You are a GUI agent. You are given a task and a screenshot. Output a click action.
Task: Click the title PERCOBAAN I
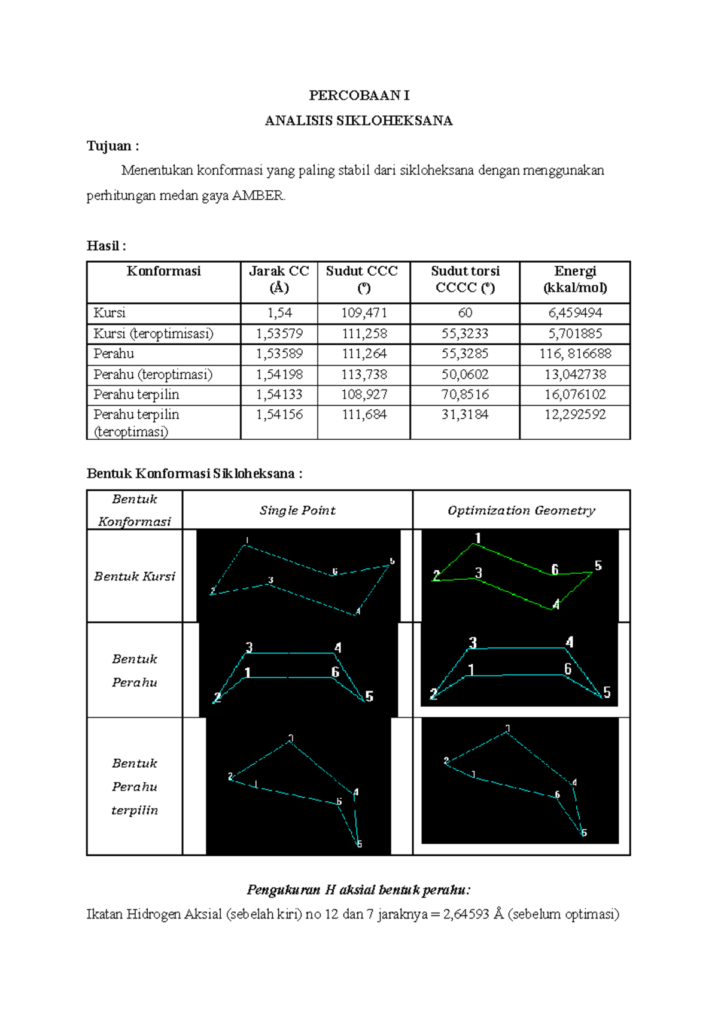(x=359, y=96)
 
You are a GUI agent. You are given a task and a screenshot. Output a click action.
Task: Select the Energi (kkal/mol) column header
(x=575, y=279)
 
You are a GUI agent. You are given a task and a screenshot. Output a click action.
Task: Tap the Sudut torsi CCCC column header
(x=465, y=279)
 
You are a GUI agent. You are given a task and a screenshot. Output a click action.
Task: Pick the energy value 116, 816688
(x=575, y=354)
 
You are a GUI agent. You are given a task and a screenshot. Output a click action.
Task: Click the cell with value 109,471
(x=364, y=313)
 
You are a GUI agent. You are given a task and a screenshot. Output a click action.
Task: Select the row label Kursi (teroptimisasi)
(x=153, y=333)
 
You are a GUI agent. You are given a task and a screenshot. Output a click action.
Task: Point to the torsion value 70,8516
(x=465, y=394)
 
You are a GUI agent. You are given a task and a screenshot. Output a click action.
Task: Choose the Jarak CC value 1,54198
(x=279, y=375)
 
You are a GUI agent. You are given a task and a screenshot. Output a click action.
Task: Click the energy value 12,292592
(x=575, y=415)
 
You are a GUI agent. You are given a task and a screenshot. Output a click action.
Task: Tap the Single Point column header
(x=297, y=510)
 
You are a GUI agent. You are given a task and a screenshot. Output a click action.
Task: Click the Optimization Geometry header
(x=521, y=510)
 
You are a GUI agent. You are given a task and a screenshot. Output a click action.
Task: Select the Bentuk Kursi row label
(x=135, y=576)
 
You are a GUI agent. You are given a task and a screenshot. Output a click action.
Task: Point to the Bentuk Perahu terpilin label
(x=135, y=786)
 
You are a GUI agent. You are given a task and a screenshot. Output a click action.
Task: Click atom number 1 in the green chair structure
(x=477, y=538)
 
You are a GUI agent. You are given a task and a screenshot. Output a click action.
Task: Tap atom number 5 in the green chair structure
(x=598, y=565)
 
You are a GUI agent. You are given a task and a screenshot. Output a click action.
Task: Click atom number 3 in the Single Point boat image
(x=249, y=647)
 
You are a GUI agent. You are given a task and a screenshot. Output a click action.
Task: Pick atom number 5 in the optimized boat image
(x=607, y=692)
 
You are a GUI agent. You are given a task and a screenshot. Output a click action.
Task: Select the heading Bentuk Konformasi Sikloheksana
(x=194, y=474)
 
